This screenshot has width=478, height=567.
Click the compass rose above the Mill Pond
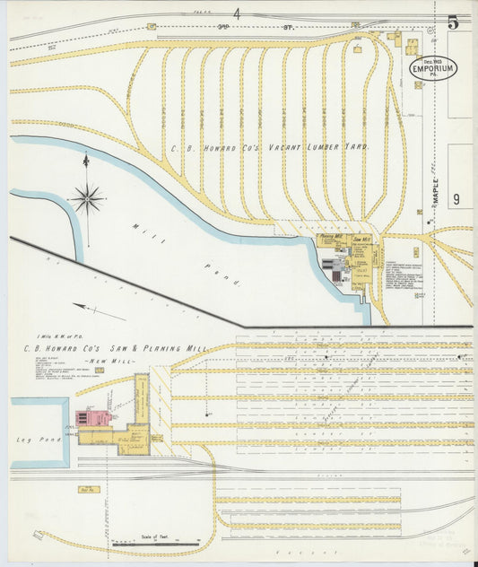click(x=87, y=198)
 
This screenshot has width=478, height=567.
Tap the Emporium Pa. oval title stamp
click(x=432, y=68)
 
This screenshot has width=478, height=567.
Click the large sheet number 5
click(x=453, y=22)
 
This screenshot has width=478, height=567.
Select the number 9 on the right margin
click(x=456, y=200)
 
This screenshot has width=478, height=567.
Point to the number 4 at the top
click(x=238, y=13)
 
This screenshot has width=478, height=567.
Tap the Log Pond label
click(x=30, y=440)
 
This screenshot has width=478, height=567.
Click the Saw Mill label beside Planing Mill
click(x=361, y=240)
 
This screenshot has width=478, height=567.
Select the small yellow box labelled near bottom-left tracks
click(x=87, y=490)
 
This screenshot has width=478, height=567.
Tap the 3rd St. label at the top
click(x=237, y=28)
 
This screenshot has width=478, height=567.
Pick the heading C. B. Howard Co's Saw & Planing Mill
click(x=116, y=347)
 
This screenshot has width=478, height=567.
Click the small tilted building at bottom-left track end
click(x=38, y=535)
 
